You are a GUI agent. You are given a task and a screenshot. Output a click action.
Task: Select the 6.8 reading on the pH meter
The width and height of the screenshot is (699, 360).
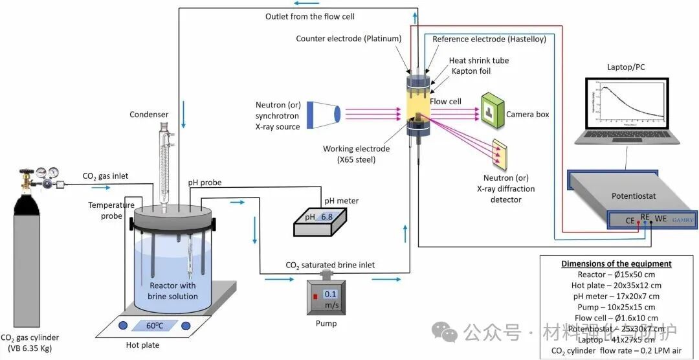point(326,218)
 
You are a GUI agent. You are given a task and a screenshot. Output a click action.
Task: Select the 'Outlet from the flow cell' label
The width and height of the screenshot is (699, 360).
point(310,16)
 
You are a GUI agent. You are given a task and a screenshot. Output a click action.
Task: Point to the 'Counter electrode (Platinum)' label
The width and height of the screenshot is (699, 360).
point(349,38)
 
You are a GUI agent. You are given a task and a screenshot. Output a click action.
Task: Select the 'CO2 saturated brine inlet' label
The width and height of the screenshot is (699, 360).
point(330,265)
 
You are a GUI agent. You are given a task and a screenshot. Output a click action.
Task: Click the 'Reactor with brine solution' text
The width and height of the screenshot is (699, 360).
point(173,291)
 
